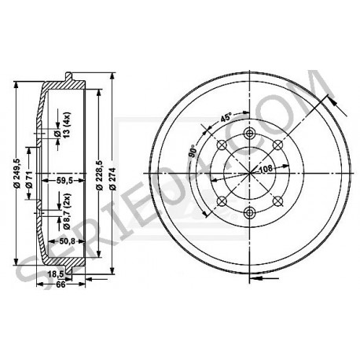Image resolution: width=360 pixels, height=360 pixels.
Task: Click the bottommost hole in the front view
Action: (250, 214)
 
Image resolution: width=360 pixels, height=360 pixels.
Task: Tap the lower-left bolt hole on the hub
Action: (221, 201)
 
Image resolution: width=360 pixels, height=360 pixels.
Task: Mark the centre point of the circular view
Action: (250, 173)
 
